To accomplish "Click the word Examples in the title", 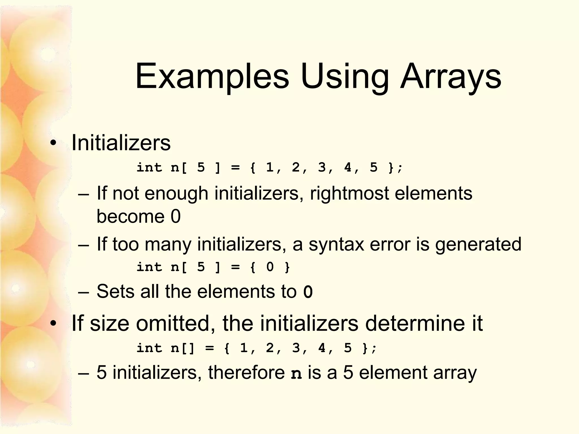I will pos(212,77).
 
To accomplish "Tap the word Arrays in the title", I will pos(451,77).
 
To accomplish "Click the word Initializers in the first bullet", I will pos(121,143).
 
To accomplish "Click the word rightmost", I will pos(349,194).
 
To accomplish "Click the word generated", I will pos(478,244).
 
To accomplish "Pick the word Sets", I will pos(115,291).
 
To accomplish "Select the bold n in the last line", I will pos(296,374).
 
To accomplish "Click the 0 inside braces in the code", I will pos(270,267).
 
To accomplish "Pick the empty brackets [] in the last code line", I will pos(188,348).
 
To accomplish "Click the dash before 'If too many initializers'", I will pos(83,245).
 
